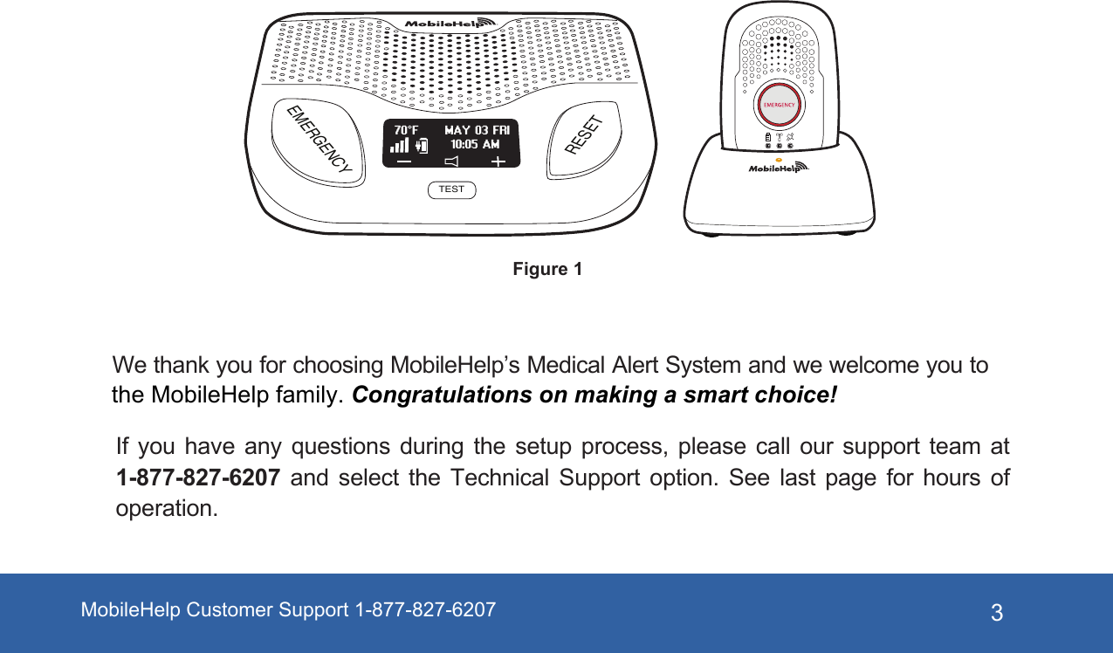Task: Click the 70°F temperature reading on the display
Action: (401, 129)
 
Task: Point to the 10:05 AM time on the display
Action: (475, 144)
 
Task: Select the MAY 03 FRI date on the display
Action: (477, 130)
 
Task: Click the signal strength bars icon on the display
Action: (399, 146)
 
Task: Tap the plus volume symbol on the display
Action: (498, 162)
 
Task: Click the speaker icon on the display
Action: (450, 162)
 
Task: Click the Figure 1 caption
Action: (547, 269)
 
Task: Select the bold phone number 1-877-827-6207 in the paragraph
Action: (198, 478)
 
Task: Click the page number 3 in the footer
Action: (997, 613)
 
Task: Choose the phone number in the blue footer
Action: (425, 609)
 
